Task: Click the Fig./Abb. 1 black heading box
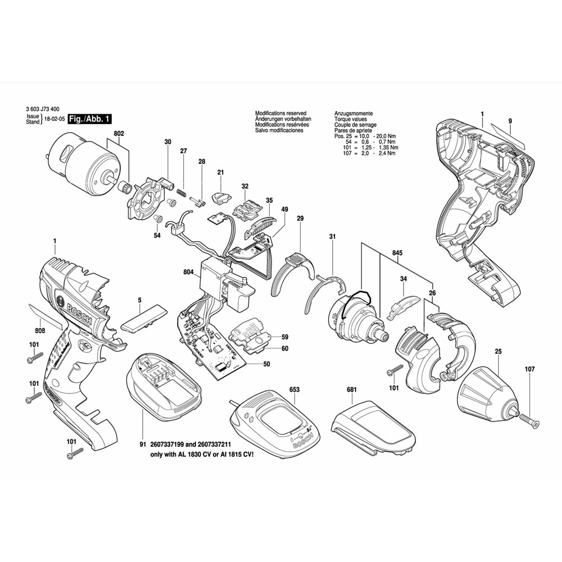[90, 119]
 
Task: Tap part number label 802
[119, 134]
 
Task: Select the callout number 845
[398, 253]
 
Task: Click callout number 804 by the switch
[188, 273]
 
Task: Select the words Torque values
[351, 120]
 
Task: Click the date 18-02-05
[55, 119]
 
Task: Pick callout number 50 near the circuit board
[266, 364]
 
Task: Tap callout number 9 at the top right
[510, 121]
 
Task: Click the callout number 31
[332, 237]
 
